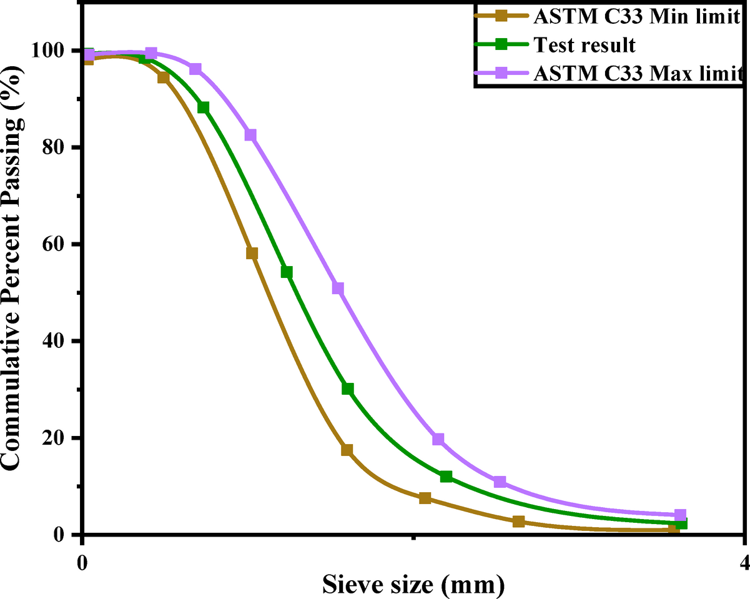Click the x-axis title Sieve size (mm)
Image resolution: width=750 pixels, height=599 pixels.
click(413, 585)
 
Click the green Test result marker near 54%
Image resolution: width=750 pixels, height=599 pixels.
click(287, 272)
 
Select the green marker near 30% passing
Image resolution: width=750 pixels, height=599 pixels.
click(348, 389)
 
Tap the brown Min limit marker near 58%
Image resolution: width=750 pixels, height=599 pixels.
click(252, 253)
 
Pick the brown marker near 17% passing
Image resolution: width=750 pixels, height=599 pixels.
click(347, 450)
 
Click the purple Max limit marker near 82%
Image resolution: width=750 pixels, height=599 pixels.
click(250, 135)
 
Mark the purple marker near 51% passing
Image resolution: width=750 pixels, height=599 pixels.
click(338, 288)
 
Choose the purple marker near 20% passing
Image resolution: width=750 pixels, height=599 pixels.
click(438, 439)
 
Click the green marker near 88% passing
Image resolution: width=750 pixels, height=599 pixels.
click(203, 107)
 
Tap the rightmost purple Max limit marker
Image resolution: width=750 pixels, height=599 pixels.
click(680, 515)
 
